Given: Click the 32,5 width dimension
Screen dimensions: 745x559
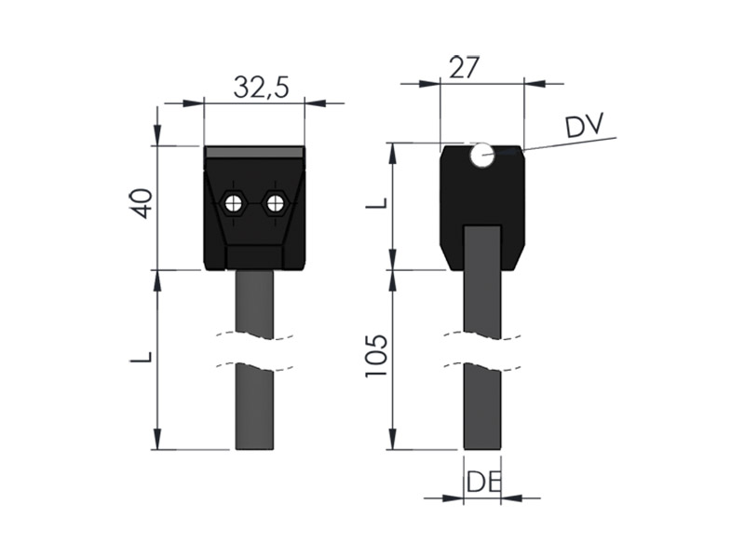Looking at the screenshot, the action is tap(261, 87).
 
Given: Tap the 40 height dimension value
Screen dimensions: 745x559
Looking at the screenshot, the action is tap(142, 203).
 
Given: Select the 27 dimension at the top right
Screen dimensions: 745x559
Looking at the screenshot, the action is tap(465, 67).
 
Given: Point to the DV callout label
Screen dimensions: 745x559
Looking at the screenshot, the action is tap(584, 125).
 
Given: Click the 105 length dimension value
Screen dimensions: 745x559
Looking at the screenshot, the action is tap(376, 356).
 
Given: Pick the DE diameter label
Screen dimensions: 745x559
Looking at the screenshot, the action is tap(483, 482).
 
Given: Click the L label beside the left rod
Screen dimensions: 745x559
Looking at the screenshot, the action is tap(142, 357).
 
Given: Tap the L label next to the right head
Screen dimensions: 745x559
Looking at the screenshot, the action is tap(377, 203).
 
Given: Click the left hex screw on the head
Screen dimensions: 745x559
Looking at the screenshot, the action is tap(232, 204).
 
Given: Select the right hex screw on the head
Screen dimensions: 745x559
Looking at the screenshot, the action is tap(275, 204).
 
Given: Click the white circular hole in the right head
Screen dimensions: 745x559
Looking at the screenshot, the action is tap(482, 155).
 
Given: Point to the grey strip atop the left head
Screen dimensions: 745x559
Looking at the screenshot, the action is tap(254, 152).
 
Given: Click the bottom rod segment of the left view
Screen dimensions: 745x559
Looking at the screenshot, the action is tap(254, 406).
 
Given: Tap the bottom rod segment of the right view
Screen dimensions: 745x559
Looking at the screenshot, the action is tap(482, 406).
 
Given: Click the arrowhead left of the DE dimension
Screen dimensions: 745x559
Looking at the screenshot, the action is tap(453, 498).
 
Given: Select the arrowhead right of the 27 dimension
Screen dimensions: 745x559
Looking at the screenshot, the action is tap(535, 84).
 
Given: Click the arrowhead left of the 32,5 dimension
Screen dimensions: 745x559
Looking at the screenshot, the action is tap(193, 102).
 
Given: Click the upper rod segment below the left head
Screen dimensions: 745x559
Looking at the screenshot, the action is tap(254, 305).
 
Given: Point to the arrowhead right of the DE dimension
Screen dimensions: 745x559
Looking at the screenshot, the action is tap(511, 498).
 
